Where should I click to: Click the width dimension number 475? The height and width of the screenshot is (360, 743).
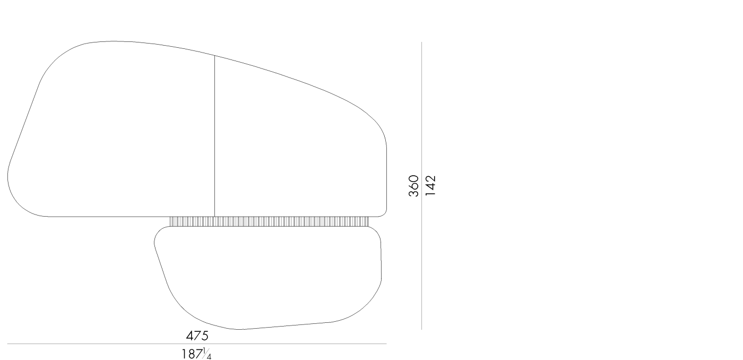[197, 336]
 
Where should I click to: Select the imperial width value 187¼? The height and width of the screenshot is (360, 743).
[197, 353]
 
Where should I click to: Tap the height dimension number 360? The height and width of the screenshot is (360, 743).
[414, 186]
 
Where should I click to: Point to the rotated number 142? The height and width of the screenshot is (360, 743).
[430, 186]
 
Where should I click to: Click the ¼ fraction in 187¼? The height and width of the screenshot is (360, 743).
[208, 354]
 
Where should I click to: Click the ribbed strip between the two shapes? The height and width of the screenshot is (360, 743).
[269, 221]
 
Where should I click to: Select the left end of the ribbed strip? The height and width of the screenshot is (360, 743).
[171, 221]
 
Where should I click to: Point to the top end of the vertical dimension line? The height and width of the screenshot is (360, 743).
[421, 42]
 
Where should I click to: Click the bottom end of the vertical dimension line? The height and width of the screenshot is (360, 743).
[421, 329]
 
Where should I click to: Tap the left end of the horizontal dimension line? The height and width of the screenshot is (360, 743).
[8, 344]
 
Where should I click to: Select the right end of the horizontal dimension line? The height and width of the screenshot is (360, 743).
[386, 344]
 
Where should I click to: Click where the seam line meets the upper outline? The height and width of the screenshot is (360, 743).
[214, 55]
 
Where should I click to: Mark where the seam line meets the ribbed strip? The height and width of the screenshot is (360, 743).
[214, 217]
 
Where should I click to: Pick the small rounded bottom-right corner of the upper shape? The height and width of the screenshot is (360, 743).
[384, 213]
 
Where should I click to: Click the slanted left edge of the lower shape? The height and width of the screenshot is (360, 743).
[161, 265]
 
